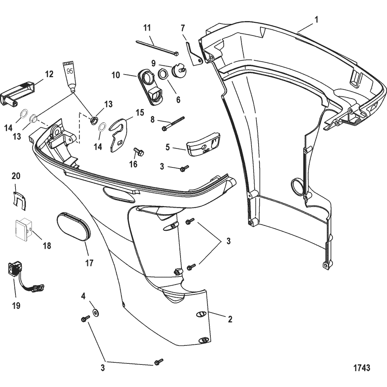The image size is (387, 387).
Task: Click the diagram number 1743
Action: coord(361,368)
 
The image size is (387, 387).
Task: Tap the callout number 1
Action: coord(316,20)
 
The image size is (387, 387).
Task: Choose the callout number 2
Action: coord(230,319)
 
